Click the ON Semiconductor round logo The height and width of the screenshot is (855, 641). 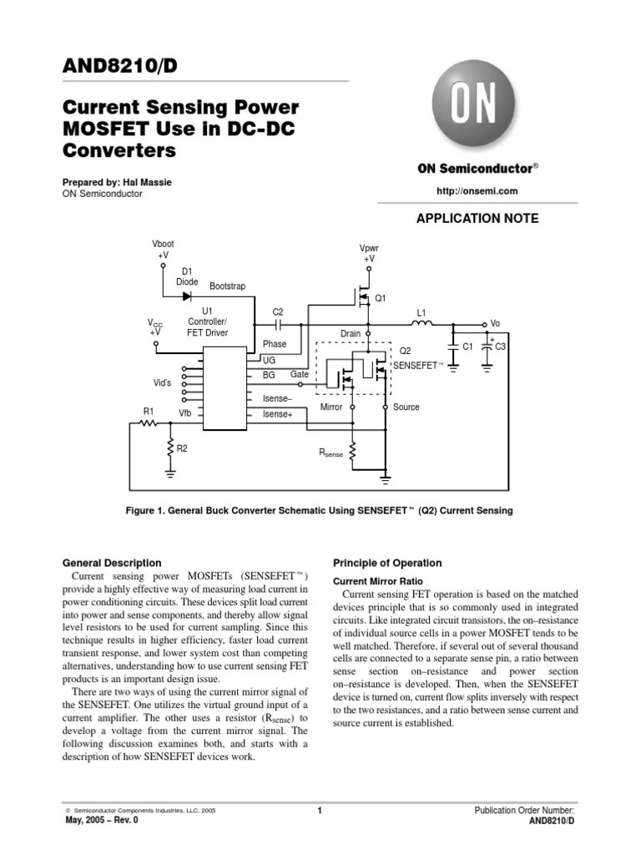click(472, 106)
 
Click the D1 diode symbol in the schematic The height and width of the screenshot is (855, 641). click(187, 296)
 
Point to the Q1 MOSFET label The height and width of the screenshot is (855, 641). click(380, 298)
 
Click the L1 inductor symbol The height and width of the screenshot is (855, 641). click(424, 324)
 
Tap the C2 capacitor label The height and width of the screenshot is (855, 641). click(278, 311)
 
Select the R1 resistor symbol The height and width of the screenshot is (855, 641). click(149, 423)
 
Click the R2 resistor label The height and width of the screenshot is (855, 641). click(182, 448)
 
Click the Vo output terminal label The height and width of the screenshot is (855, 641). click(495, 324)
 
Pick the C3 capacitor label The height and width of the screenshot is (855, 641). click(501, 346)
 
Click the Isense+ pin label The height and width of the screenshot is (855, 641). click(278, 414)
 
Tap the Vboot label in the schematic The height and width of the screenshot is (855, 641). click(162, 244)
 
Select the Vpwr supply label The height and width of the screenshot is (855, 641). click(368, 249)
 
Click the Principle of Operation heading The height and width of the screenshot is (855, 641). click(387, 563)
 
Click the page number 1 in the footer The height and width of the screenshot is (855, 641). click(320, 811)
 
